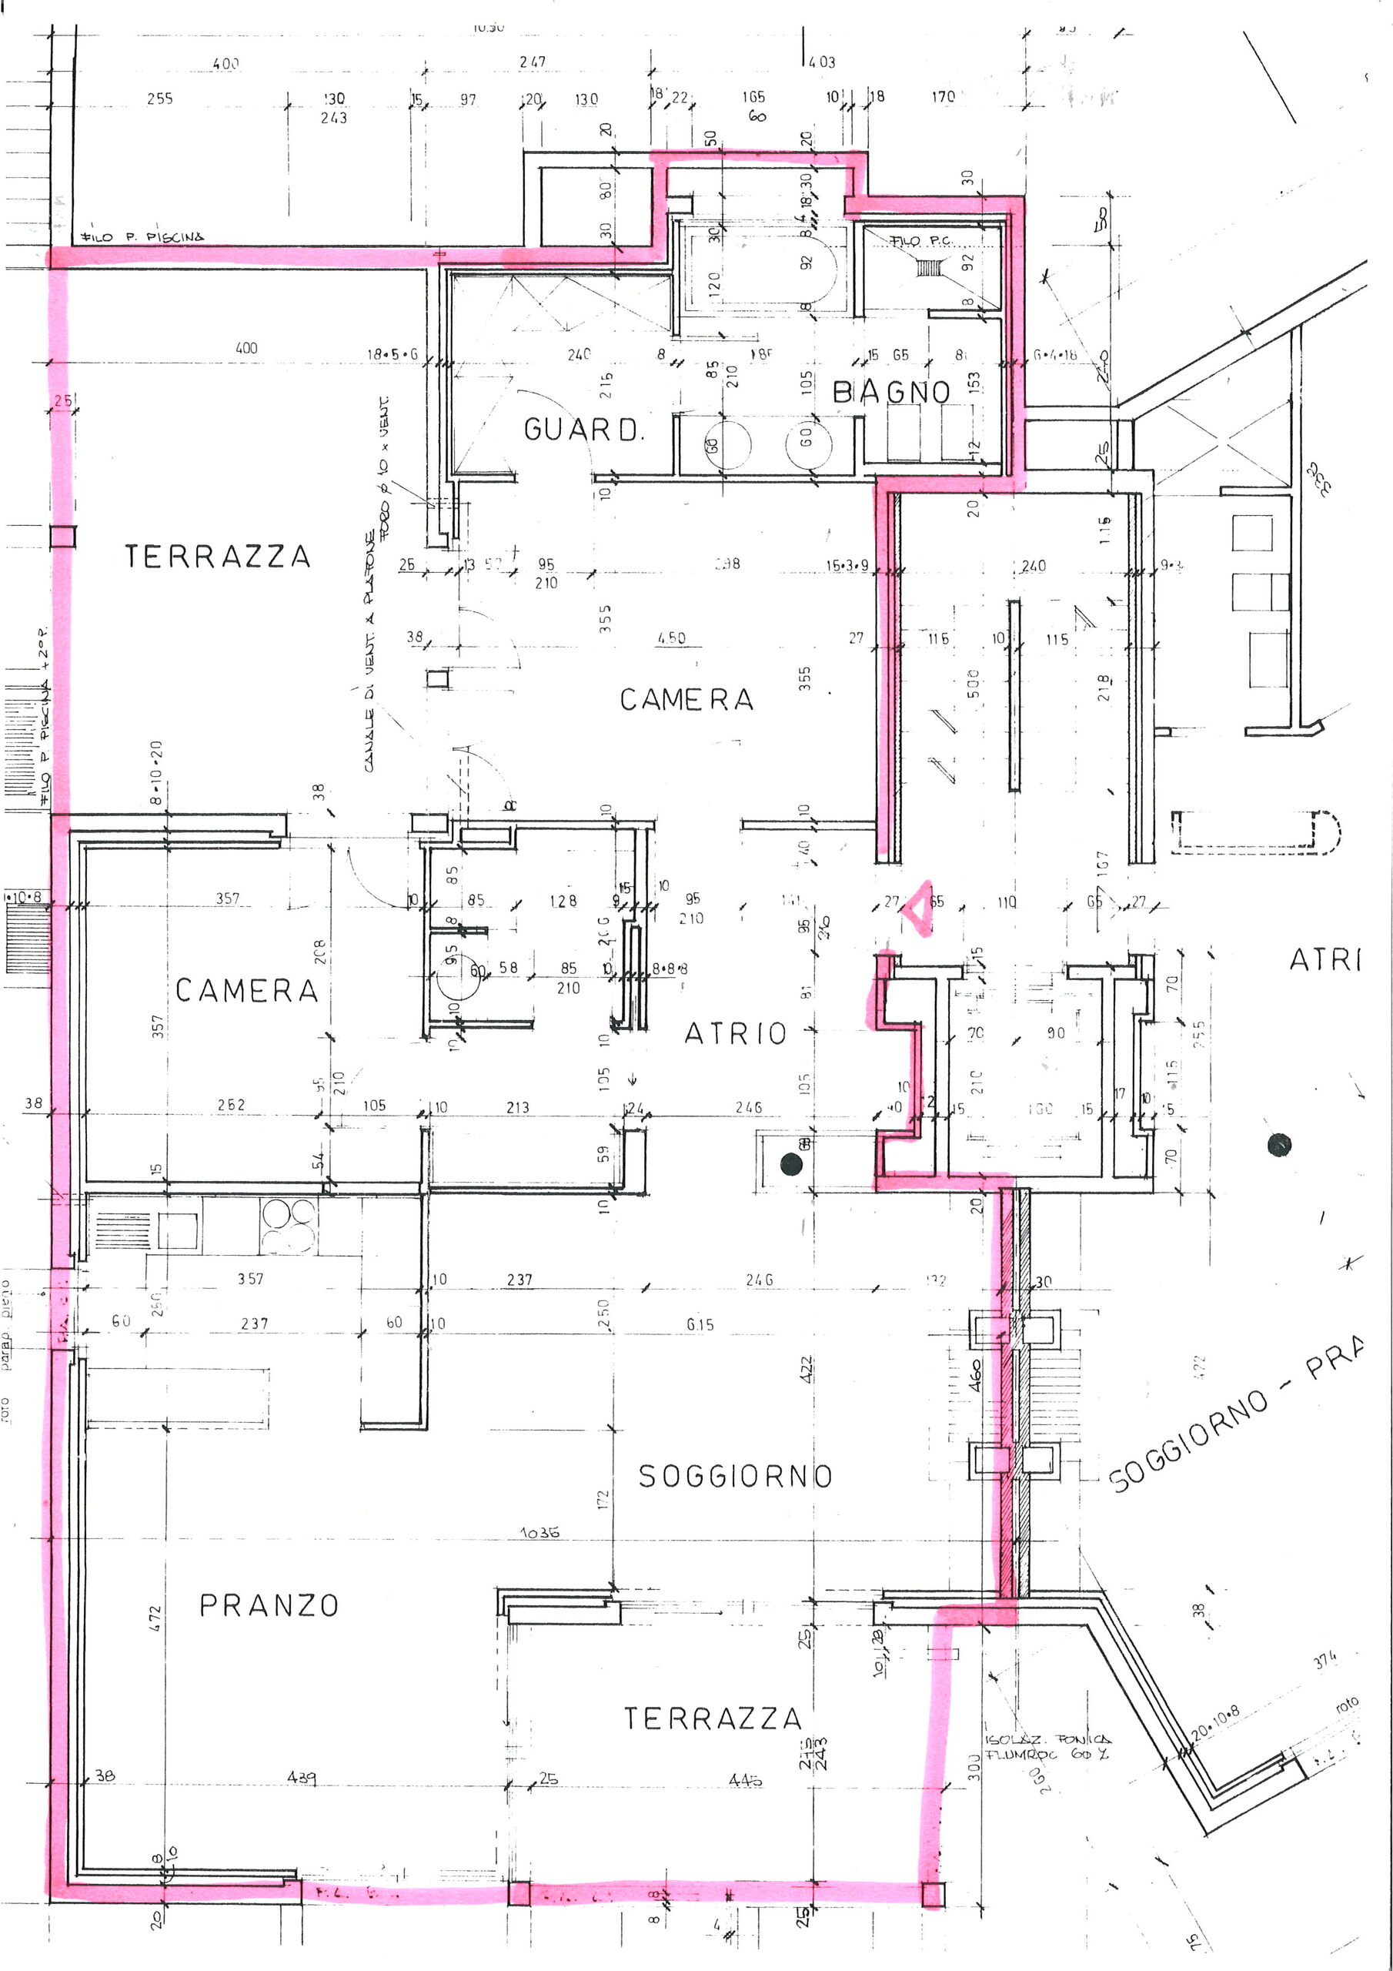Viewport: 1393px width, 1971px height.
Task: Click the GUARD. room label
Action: [x=583, y=428]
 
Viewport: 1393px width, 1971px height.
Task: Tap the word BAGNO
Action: [x=892, y=393]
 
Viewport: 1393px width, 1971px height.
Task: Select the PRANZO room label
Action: [x=269, y=1605]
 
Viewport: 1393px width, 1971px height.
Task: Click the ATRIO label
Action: [x=735, y=1033]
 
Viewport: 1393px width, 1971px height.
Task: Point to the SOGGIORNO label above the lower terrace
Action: [x=735, y=1476]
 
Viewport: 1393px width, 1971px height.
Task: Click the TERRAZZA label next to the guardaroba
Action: [x=217, y=557]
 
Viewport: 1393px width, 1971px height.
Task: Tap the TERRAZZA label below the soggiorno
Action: [x=713, y=1718]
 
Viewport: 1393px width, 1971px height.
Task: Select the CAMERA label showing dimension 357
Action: [x=246, y=991]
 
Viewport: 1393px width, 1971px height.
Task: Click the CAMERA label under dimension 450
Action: [x=686, y=700]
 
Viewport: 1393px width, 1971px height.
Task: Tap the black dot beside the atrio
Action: [x=790, y=1164]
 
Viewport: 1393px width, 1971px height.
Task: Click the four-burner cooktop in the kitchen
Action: [x=289, y=1226]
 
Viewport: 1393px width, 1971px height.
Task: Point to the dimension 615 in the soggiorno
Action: [x=700, y=1324]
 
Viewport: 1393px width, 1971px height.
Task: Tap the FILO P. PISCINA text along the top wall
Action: [x=142, y=237]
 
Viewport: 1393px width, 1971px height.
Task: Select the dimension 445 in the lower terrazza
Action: [x=745, y=1779]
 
